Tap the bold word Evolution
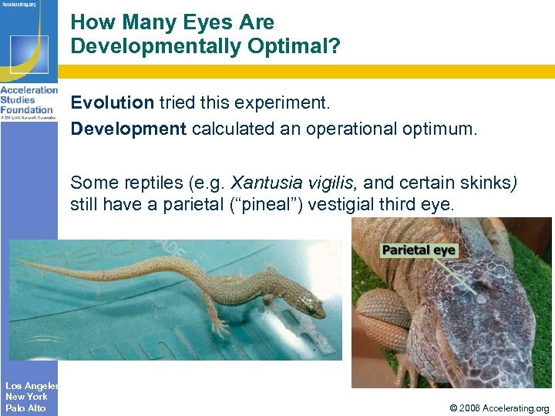(x=113, y=103)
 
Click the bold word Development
(x=128, y=129)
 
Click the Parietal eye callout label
(x=419, y=250)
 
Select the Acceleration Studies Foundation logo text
(x=29, y=100)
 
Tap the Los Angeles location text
(x=32, y=386)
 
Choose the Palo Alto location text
(x=25, y=408)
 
